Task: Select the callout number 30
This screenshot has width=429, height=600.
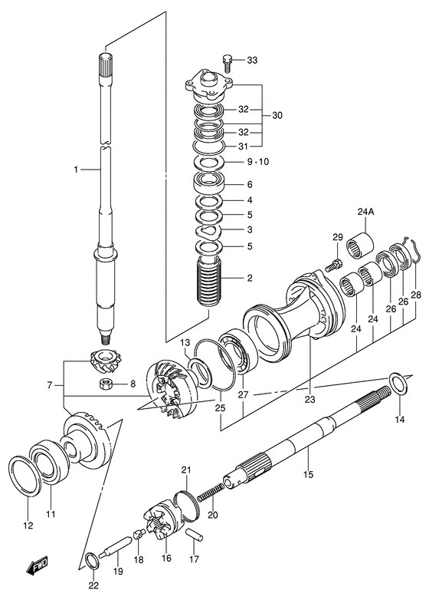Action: [277, 116]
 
